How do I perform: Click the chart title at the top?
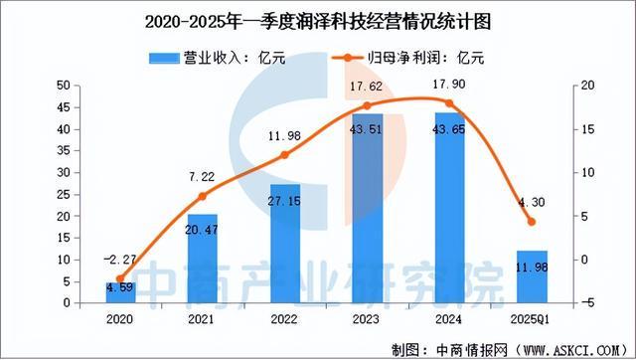coord(318,20)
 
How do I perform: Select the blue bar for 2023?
coord(367,209)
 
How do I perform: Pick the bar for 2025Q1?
coord(531,275)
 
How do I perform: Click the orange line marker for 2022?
coord(284,155)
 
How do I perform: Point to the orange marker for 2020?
coord(121,279)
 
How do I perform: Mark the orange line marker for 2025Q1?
coord(531,222)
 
